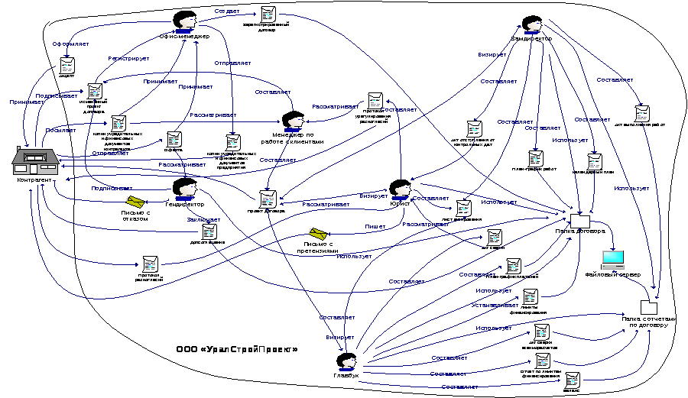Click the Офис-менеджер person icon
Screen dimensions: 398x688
pyautogui.click(x=183, y=21)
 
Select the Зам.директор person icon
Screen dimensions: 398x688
pyautogui.click(x=532, y=24)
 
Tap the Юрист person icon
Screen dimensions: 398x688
pyautogui.click(x=400, y=189)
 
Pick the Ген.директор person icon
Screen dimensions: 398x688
pyautogui.click(x=183, y=187)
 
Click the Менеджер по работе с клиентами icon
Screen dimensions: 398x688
pyautogui.click(x=293, y=121)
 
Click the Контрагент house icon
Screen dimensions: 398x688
pyautogui.click(x=35, y=161)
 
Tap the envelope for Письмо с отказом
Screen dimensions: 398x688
pyautogui.click(x=136, y=201)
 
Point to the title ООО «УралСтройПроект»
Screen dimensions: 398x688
pyautogui.click(x=236, y=349)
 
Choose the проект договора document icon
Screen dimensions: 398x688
pyautogui.click(x=268, y=199)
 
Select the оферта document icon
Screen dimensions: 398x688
pyautogui.click(x=174, y=140)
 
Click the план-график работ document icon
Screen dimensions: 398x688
pyautogui.click(x=537, y=159)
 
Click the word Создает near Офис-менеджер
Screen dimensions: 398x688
pyautogui.click(x=226, y=12)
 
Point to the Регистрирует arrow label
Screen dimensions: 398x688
pyautogui.click(x=123, y=58)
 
